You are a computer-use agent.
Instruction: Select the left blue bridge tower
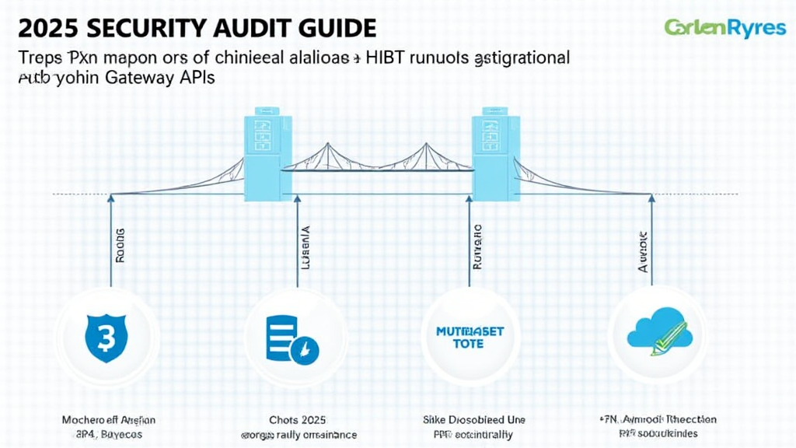(267, 157)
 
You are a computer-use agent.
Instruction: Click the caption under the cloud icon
(659, 427)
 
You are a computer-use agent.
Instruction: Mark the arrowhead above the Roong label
(110, 199)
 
